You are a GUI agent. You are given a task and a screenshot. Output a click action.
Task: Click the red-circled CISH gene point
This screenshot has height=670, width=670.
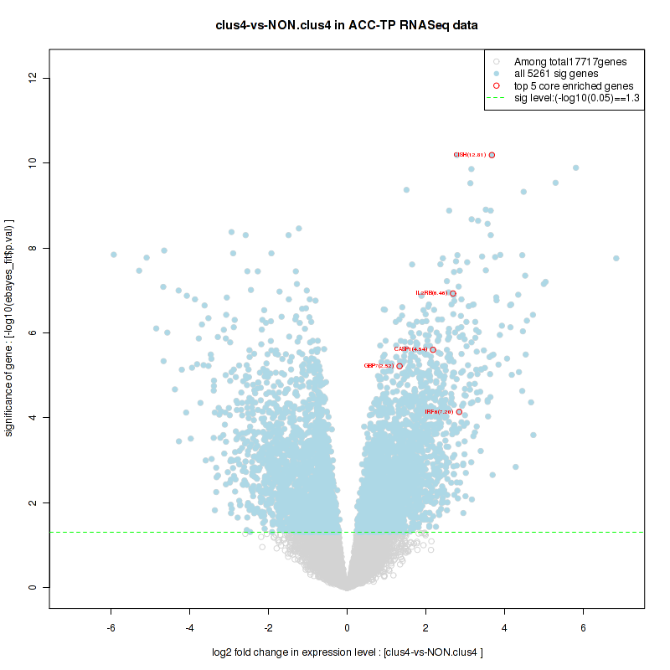[x=492, y=155]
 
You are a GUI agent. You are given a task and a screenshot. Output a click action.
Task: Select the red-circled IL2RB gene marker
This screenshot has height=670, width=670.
[x=453, y=293]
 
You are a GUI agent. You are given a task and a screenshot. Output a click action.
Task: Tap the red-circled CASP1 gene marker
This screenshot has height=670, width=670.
[x=433, y=349]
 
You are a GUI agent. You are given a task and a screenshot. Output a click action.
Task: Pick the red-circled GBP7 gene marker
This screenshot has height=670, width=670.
[x=400, y=366]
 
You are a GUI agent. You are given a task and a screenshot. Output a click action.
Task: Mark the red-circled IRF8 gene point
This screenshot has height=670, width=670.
[x=459, y=412]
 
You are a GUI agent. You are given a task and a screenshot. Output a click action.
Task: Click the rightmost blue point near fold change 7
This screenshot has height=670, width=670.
[x=616, y=258]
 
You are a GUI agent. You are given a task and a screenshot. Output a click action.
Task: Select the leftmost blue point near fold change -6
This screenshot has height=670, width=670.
[x=113, y=255]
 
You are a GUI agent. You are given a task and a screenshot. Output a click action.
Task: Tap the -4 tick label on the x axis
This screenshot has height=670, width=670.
[x=190, y=627]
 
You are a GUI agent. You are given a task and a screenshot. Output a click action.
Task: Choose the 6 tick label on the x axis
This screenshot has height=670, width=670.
[x=583, y=627]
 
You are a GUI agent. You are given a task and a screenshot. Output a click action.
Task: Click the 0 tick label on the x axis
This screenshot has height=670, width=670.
[x=348, y=627]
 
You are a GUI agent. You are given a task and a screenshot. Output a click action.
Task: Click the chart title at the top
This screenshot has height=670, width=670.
[x=347, y=26]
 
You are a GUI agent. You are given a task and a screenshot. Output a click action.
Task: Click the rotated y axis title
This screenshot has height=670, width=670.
[x=10, y=327]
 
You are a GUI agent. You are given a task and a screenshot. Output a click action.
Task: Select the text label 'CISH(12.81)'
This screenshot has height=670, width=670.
[x=469, y=155]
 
